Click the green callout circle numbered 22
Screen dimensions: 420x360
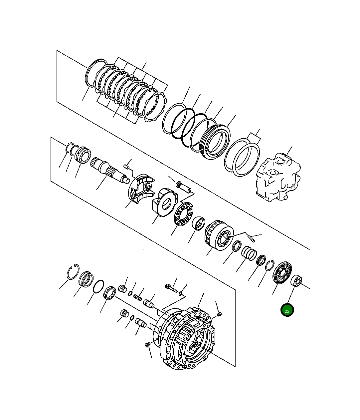[287, 310]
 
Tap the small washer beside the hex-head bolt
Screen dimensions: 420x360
[180, 293]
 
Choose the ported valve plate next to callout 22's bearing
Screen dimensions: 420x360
[282, 272]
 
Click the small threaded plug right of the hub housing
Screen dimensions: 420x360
[219, 314]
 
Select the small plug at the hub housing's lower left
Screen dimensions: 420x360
[148, 345]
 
